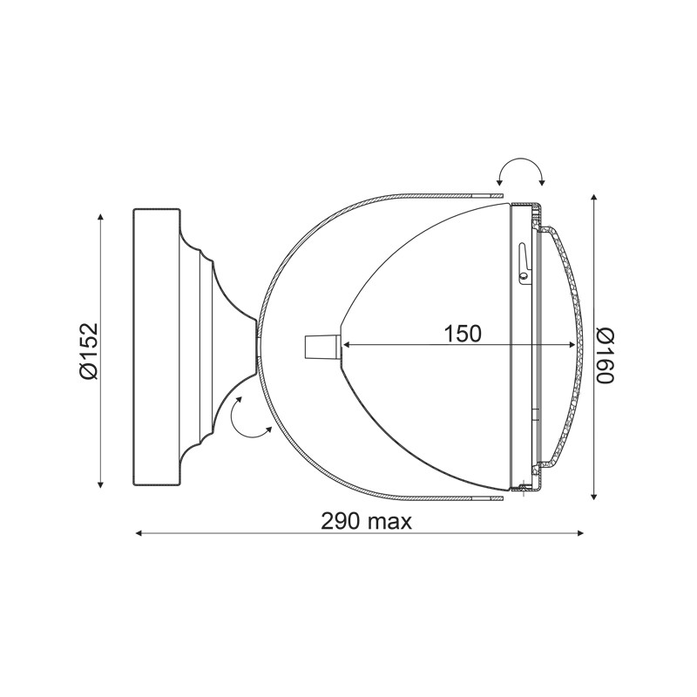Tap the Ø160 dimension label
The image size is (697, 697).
(605, 355)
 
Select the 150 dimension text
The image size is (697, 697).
(463, 334)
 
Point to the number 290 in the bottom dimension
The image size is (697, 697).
(340, 521)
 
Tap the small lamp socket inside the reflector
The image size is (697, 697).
(322, 347)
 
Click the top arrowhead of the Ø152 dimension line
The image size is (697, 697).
(100, 217)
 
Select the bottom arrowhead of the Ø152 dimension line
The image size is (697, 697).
(100, 484)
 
